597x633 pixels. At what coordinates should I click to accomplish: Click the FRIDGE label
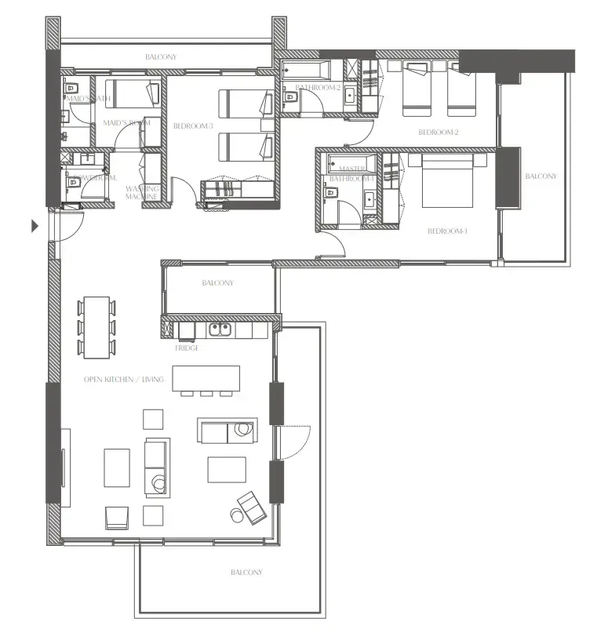click(x=187, y=347)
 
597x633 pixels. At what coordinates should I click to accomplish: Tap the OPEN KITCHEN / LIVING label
click(x=124, y=380)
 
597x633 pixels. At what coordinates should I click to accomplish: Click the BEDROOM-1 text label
click(x=447, y=231)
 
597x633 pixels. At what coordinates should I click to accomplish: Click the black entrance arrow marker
click(x=35, y=227)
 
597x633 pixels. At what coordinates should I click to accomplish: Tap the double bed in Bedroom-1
click(x=448, y=180)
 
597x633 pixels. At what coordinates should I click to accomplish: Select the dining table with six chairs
click(x=97, y=326)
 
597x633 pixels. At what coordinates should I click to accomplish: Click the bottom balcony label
click(x=246, y=573)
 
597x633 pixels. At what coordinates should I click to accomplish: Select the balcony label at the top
click(x=161, y=57)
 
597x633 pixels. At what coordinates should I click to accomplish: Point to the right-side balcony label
click(x=541, y=176)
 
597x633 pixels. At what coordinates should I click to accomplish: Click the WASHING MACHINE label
click(x=143, y=192)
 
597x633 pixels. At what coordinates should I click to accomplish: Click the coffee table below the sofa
click(x=227, y=469)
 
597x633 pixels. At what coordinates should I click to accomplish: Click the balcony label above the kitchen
click(x=217, y=283)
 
